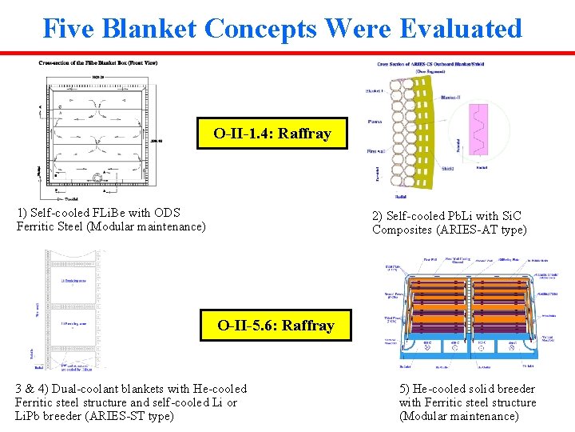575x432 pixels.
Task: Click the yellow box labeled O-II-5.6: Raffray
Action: click(x=276, y=325)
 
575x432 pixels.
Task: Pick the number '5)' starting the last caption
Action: click(x=405, y=389)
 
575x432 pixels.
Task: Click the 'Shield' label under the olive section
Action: click(x=448, y=169)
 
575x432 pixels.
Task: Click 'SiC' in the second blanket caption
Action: click(x=510, y=216)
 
